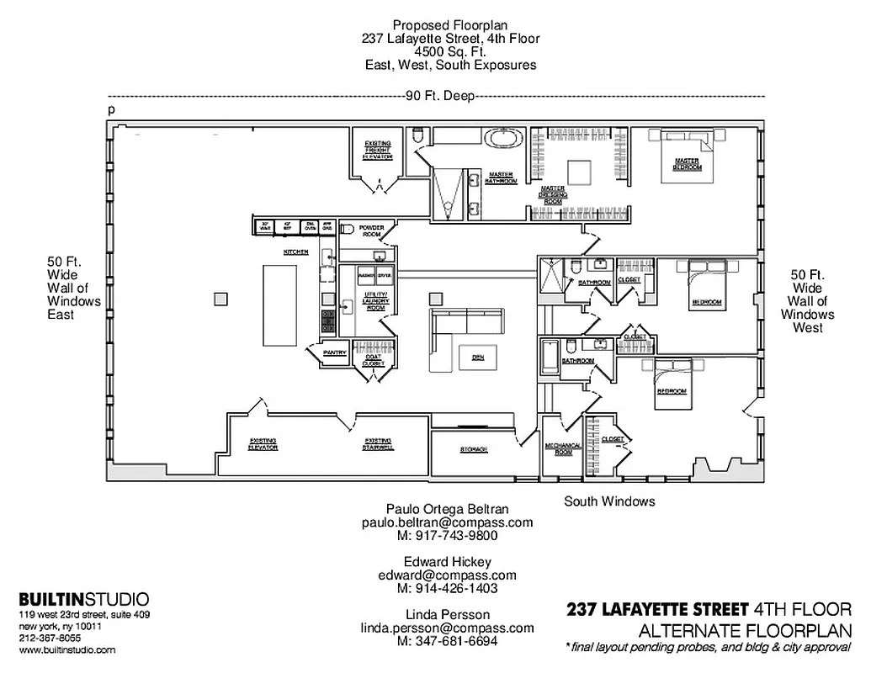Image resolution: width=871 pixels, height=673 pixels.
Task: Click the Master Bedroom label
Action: point(686,165)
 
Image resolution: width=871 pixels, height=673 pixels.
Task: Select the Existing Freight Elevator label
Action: point(377,150)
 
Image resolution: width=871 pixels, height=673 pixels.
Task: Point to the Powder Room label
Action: point(371,231)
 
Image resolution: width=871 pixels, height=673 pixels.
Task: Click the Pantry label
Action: point(335,352)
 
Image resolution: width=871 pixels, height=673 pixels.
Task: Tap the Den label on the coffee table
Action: point(477,358)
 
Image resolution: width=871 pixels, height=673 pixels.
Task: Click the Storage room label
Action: point(473,449)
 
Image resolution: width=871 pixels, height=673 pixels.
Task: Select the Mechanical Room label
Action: point(559,448)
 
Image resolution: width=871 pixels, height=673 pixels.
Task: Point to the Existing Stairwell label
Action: point(378,443)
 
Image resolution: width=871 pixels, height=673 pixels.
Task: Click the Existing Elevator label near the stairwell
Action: point(263,443)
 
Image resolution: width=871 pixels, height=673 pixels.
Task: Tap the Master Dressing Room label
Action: point(552,194)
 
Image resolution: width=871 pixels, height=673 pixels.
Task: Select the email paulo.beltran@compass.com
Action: point(447,522)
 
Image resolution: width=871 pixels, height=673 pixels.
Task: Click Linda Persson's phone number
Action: point(447,641)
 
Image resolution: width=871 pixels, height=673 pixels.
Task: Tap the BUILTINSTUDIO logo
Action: point(84,599)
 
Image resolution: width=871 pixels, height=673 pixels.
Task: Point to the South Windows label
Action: point(609,501)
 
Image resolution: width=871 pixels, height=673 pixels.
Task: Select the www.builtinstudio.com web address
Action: point(67,650)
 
